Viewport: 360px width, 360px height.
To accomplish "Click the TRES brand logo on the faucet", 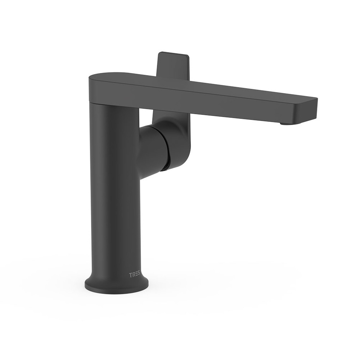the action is [134, 275].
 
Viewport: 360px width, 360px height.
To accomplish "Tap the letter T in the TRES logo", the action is [130, 275].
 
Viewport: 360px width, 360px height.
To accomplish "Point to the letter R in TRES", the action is [133, 275].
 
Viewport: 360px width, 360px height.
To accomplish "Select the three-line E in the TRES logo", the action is [136, 275].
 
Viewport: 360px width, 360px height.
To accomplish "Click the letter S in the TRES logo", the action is [139, 275].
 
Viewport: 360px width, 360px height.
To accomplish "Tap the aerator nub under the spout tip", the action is [285, 124].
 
